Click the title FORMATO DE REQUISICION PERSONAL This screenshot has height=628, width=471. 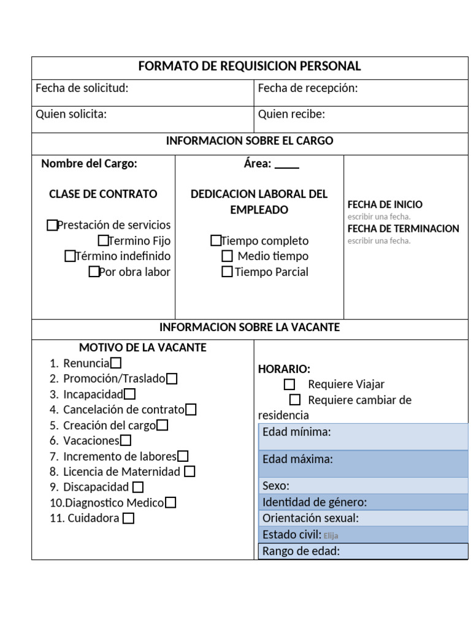click(249, 66)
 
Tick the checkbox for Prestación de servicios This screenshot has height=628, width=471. click(52, 225)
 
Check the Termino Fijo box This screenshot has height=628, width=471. click(103, 240)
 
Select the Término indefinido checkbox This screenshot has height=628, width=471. click(70, 256)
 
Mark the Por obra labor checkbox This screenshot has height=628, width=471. click(94, 272)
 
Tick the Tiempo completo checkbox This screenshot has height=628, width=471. click(216, 240)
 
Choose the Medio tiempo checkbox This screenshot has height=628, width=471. click(227, 256)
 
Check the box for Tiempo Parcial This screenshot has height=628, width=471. click(227, 272)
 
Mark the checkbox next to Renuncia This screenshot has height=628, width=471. click(115, 363)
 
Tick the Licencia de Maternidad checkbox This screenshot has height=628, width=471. click(190, 472)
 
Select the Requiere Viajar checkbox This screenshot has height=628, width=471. click(289, 385)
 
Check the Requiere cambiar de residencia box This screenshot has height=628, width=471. click(295, 400)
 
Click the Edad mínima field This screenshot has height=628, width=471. click(363, 436)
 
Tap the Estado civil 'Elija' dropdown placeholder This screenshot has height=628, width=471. click(331, 535)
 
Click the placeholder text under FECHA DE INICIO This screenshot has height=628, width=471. click(379, 216)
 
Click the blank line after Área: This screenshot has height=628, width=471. click(287, 164)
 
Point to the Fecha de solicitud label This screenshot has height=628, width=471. click(82, 88)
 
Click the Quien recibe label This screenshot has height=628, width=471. click(291, 114)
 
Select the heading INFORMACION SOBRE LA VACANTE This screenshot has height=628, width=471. click(249, 327)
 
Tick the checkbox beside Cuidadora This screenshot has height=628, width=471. click(128, 518)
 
